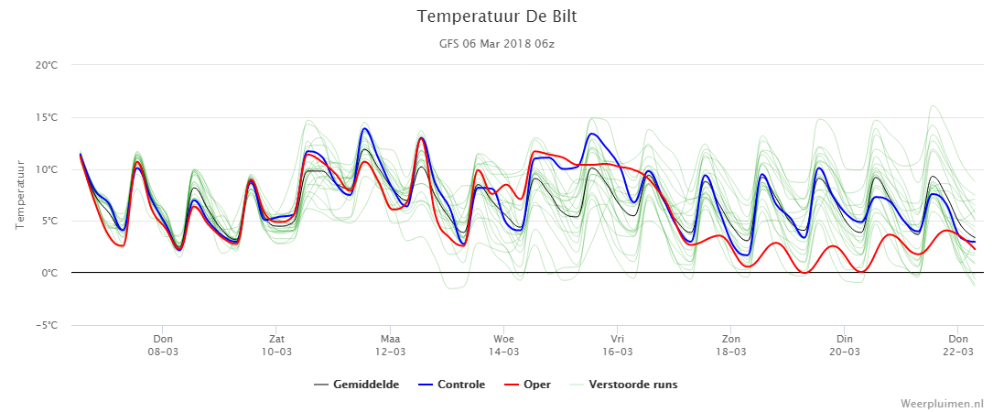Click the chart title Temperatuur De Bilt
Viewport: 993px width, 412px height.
[496, 17]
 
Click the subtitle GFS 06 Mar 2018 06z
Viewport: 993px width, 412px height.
[496, 44]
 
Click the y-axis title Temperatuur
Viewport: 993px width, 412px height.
[19, 195]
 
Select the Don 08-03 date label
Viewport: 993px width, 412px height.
[163, 346]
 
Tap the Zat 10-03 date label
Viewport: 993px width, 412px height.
[276, 346]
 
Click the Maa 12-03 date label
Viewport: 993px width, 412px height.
[390, 346]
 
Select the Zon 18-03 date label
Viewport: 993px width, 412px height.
[731, 346]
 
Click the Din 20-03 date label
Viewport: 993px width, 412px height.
[844, 346]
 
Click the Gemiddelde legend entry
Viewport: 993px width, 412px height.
[357, 385]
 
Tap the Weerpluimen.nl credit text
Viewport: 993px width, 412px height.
[943, 403]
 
